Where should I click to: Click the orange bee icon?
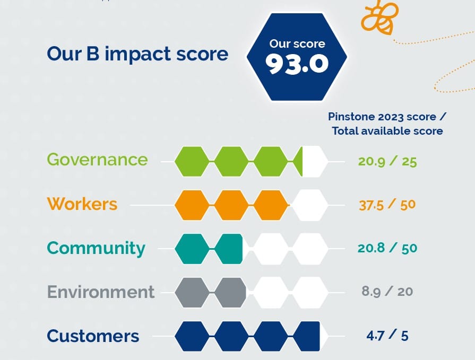(379, 17)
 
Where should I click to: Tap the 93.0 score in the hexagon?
(297, 64)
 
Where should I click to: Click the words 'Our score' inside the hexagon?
(297, 43)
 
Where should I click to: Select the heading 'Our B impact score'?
(137, 54)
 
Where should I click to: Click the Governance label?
(97, 160)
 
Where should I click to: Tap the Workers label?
(82, 204)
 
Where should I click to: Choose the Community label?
(96, 248)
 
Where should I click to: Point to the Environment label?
(101, 292)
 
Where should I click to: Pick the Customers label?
(93, 336)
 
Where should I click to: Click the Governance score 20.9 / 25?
(387, 161)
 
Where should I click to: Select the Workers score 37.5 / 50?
(387, 205)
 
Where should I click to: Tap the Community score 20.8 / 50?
(387, 248)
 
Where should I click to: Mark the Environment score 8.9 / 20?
(387, 292)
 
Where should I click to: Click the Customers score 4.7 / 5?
(387, 336)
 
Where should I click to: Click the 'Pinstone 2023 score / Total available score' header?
(387, 124)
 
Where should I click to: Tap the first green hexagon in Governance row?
(192, 162)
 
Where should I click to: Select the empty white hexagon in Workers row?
(309, 205)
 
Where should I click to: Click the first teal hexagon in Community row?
(192, 249)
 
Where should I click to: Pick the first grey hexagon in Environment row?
(192, 293)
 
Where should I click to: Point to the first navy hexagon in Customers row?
(192, 336)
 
